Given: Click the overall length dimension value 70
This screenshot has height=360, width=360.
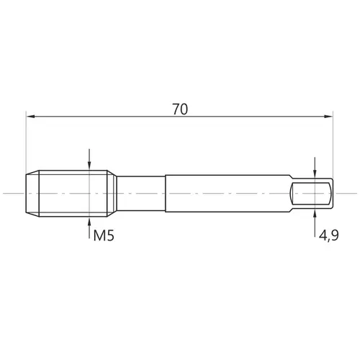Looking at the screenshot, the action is point(180,109).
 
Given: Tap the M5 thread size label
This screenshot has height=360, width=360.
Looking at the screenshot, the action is point(104,235).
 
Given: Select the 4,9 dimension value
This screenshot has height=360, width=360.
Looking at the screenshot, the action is point(329,235).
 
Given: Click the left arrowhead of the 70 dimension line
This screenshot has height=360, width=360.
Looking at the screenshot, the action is point(31,117).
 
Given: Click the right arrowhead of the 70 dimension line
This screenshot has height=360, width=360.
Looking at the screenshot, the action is point(328,117).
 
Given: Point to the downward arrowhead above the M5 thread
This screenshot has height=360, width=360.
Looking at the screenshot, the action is point(89,165).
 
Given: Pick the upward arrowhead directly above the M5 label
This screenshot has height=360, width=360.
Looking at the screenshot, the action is point(89,222).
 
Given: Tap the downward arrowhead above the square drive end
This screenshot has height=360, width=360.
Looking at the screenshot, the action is point(315,174).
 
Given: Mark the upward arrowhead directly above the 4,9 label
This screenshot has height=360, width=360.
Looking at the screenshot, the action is point(315,214).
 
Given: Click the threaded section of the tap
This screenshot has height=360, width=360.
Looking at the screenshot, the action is point(73,194).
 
